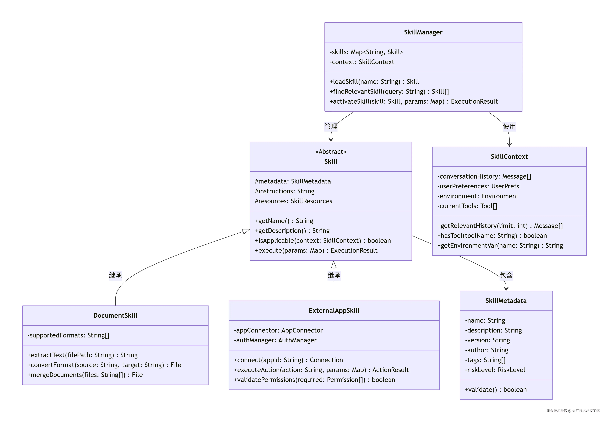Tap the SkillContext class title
coord(509,157)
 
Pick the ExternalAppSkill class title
coord(334,310)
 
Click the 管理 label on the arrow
coord(331,126)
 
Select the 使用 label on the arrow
coord(509,126)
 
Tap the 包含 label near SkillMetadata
coord(506,275)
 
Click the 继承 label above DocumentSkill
coord(115,275)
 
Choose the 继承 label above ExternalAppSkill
coord(334,275)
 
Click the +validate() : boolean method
coord(495,389)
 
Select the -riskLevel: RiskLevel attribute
coord(495,370)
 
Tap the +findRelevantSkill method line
coord(389,92)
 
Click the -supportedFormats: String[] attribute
coord(68,335)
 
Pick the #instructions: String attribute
coord(284,191)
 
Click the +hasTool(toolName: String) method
coord(492,236)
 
